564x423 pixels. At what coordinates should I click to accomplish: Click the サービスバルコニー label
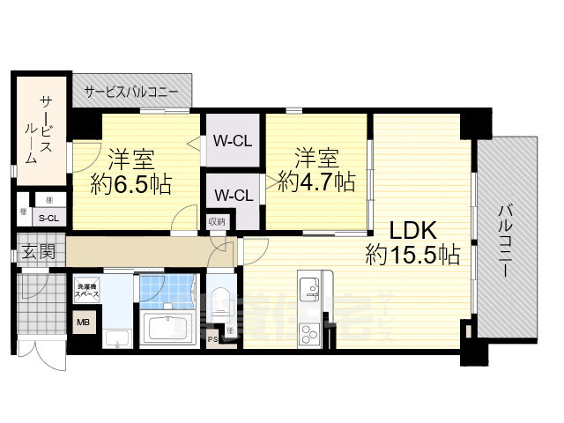[131, 91]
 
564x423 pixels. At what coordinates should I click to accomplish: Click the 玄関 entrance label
[38, 251]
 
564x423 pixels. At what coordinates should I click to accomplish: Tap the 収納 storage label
[217, 222]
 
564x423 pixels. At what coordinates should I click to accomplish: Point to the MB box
[84, 323]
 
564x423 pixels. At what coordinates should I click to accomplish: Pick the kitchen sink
[309, 288]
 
